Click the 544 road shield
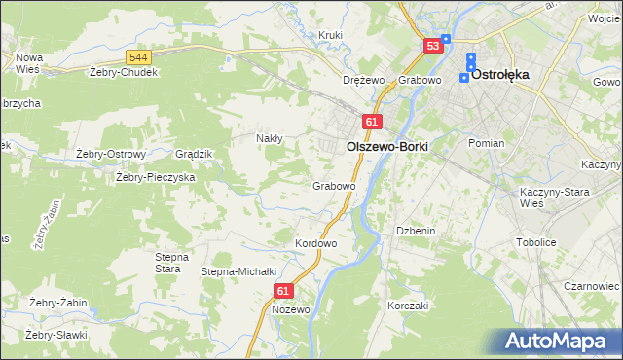click(x=138, y=57)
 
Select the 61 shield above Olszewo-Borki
click(x=371, y=121)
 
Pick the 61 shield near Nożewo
click(x=283, y=290)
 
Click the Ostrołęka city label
click(x=506, y=74)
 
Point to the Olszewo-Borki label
click(x=386, y=145)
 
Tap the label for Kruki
click(x=331, y=35)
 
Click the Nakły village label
click(x=269, y=138)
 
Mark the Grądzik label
click(x=193, y=154)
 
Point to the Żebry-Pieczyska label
click(x=156, y=177)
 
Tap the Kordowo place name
click(x=315, y=242)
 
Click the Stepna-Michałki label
click(x=239, y=271)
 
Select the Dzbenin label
click(x=414, y=231)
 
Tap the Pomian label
click(x=486, y=143)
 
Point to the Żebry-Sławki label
click(x=57, y=335)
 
